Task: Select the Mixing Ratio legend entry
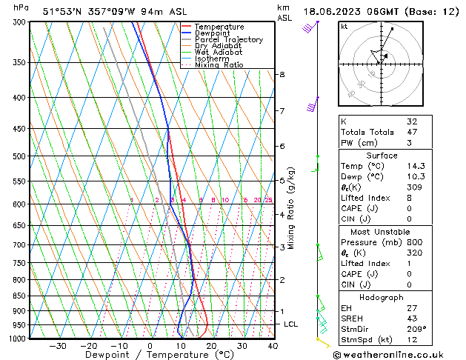(219, 65)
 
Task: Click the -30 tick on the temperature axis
(58, 346)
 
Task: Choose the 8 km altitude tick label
(282, 75)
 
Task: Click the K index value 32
(412, 121)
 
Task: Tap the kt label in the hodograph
(344, 27)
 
